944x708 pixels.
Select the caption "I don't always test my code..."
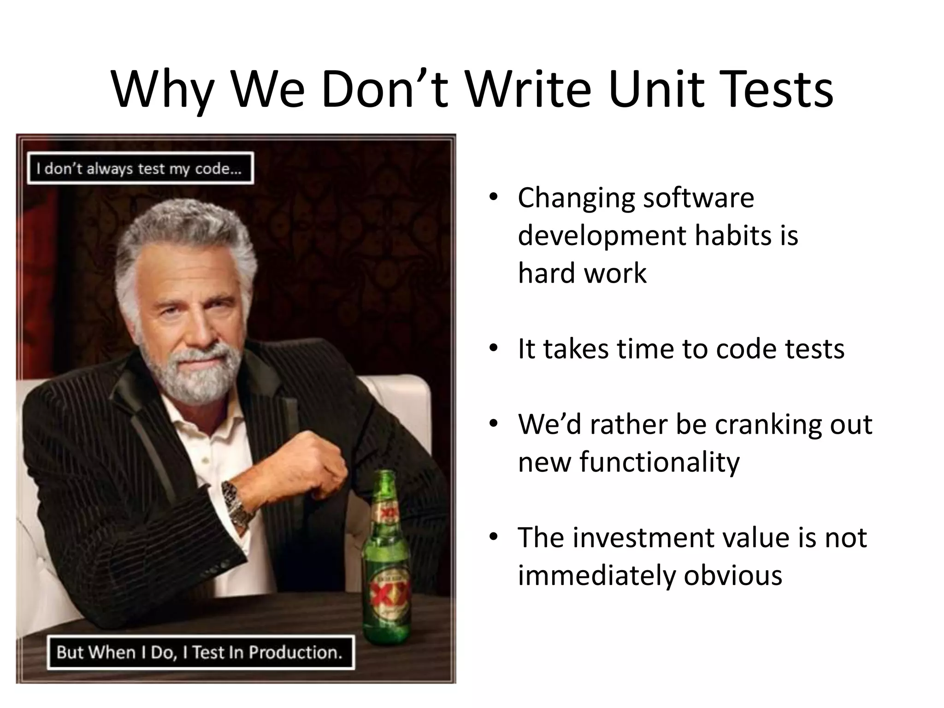pyautogui.click(x=140, y=168)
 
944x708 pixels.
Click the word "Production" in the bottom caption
pyautogui.click(x=295, y=652)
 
